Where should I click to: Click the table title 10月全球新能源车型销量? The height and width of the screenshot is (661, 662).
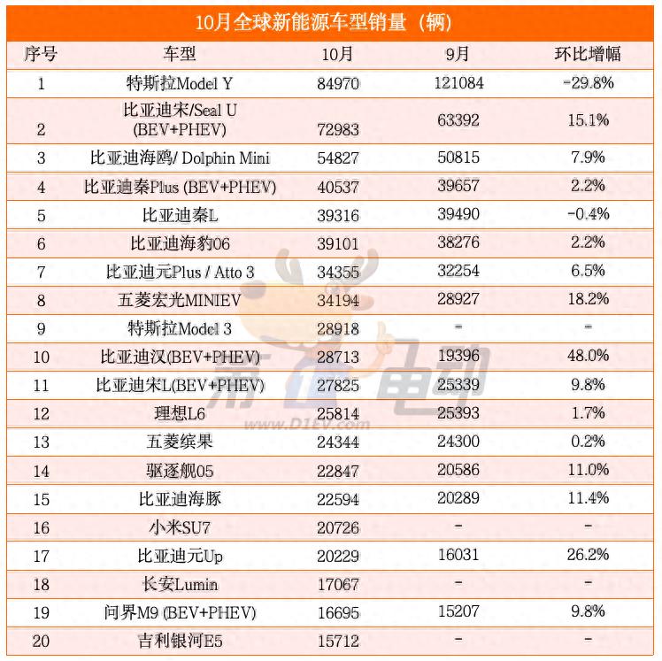click(330, 20)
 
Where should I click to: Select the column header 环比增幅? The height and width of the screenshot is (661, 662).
click(588, 54)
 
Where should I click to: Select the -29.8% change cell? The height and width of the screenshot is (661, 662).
click(588, 83)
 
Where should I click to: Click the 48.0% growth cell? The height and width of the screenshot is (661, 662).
click(588, 356)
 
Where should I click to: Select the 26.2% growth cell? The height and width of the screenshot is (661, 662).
click(588, 556)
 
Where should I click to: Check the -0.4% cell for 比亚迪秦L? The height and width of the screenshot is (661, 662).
click(588, 214)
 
